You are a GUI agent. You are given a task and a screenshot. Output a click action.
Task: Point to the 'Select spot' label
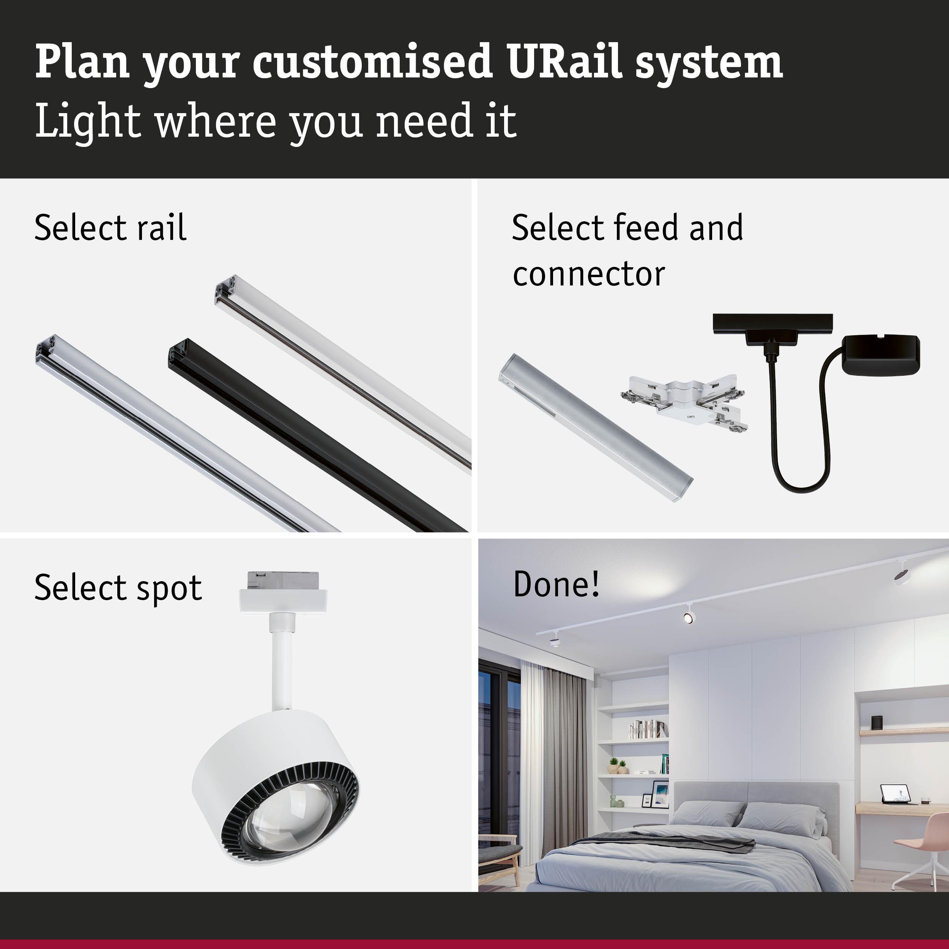(118, 588)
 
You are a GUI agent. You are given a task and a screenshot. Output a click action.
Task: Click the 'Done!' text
(556, 584)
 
